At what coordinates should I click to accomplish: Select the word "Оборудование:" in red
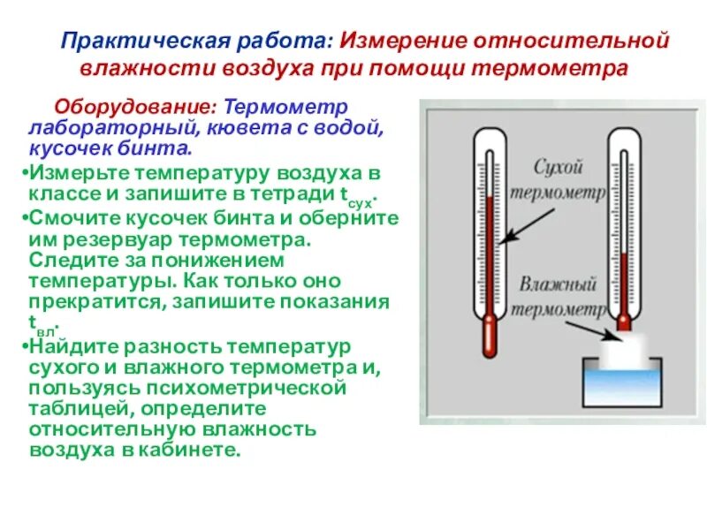[x=137, y=107]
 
